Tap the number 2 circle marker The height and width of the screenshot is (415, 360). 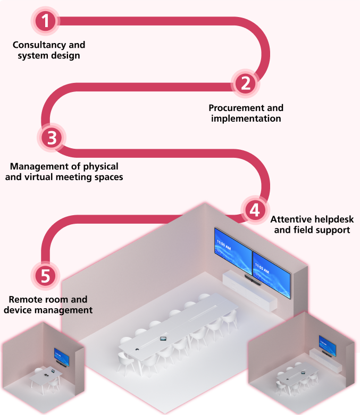245,83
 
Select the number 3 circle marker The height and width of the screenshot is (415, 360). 52,138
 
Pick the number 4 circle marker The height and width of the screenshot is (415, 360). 254,210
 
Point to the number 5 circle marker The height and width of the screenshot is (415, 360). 45,275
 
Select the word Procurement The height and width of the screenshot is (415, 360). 231,108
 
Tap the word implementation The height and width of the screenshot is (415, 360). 246,118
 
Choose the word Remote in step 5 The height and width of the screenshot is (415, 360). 24,300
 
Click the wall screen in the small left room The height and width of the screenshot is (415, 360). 61,356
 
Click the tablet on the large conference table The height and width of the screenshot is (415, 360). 163,338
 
